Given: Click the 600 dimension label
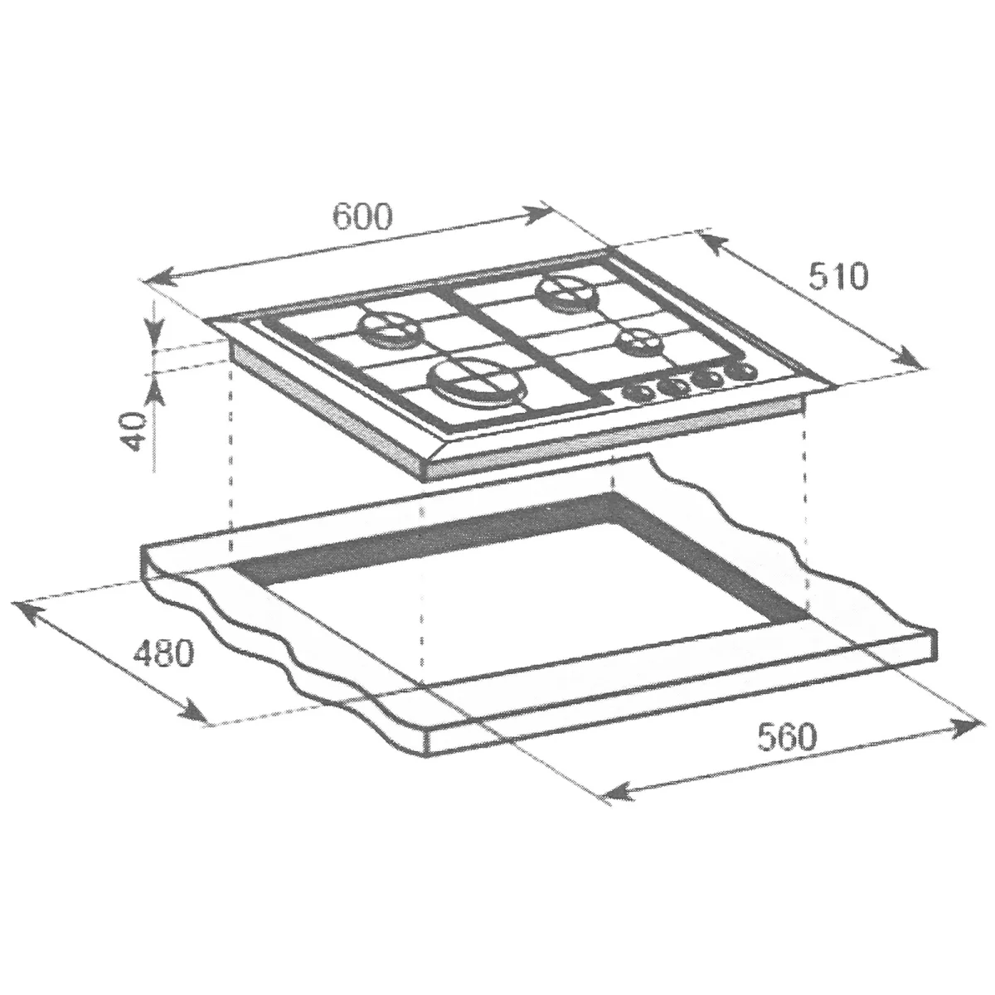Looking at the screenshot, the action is coord(362,216).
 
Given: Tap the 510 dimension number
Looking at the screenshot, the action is coord(838,276).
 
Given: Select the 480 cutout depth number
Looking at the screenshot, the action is coord(163,653).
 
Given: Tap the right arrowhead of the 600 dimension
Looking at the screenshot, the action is coord(535,215).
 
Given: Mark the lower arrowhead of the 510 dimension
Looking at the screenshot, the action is coord(907,358).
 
